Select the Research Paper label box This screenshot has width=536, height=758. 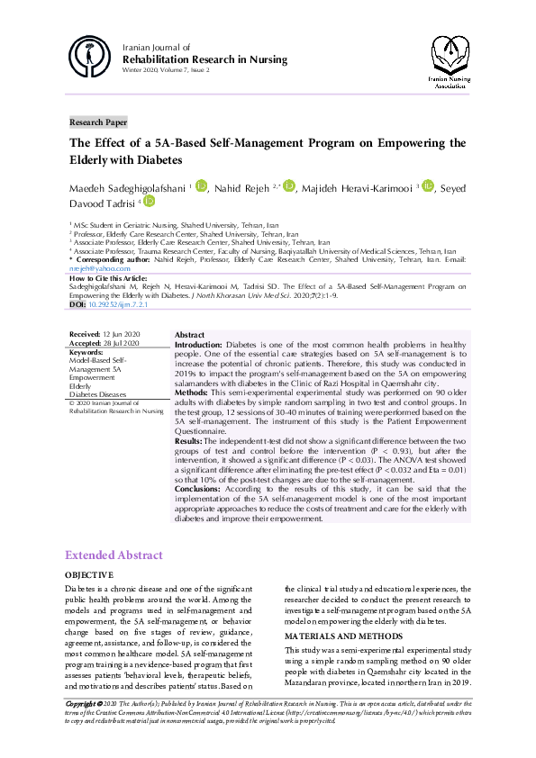pos(99,122)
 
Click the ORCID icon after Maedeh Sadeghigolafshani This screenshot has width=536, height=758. pos(202,185)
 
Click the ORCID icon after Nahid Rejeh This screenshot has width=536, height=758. pos(289,185)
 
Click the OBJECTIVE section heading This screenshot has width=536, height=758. pos(88,575)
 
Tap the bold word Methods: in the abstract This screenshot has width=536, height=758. pos(193,393)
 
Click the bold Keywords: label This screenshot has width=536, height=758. pos(87,351)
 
